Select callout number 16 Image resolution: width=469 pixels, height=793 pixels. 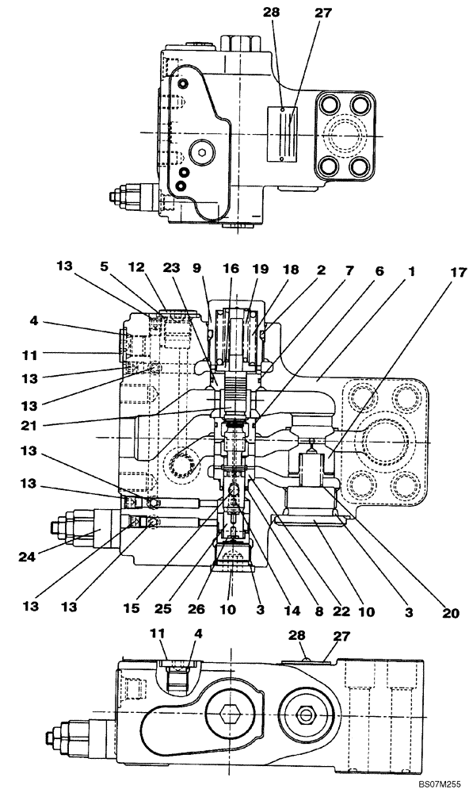pyautogui.click(x=231, y=270)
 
